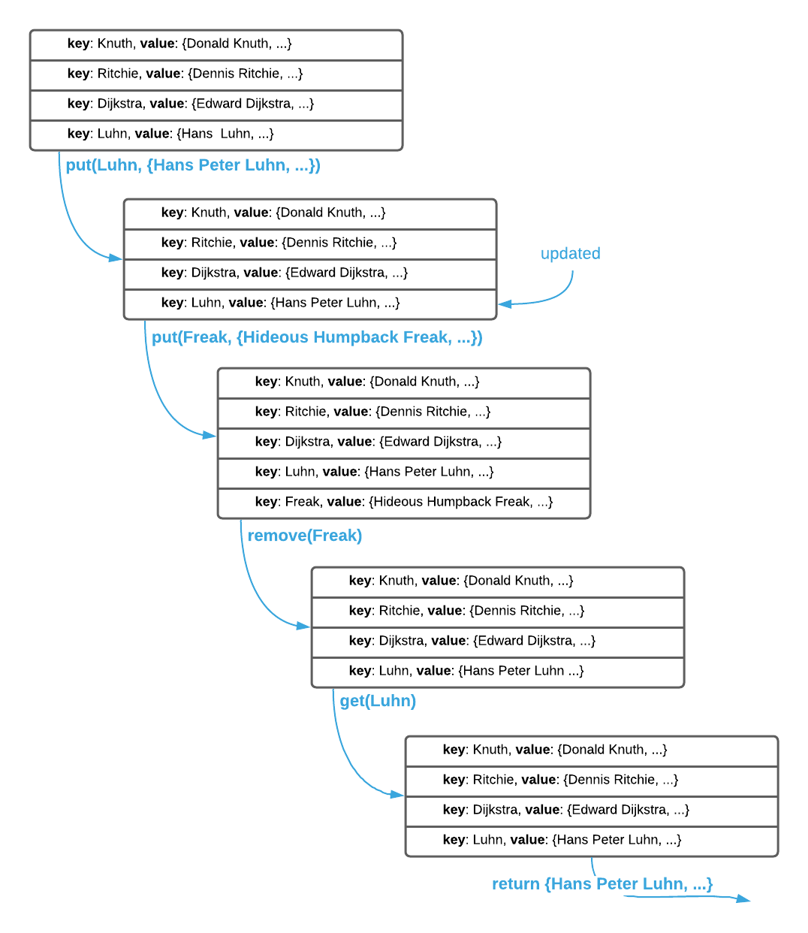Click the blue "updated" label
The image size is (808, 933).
point(570,253)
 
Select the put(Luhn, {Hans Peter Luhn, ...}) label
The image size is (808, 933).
point(192,165)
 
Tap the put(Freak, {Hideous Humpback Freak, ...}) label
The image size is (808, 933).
point(317,337)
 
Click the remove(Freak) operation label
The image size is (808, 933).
point(305,536)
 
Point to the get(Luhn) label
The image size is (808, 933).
point(378,701)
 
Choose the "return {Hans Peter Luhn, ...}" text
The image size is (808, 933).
point(602,884)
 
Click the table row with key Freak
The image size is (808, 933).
point(404,502)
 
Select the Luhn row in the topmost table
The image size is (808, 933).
point(216,134)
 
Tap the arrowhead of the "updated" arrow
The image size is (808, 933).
point(505,303)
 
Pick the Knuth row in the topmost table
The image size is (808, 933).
point(216,44)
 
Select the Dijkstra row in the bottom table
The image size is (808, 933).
point(592,810)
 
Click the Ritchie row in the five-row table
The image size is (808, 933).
point(404,412)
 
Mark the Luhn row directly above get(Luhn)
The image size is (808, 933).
point(498,671)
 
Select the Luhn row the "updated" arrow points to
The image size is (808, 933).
point(310,303)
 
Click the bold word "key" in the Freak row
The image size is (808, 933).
point(266,502)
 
